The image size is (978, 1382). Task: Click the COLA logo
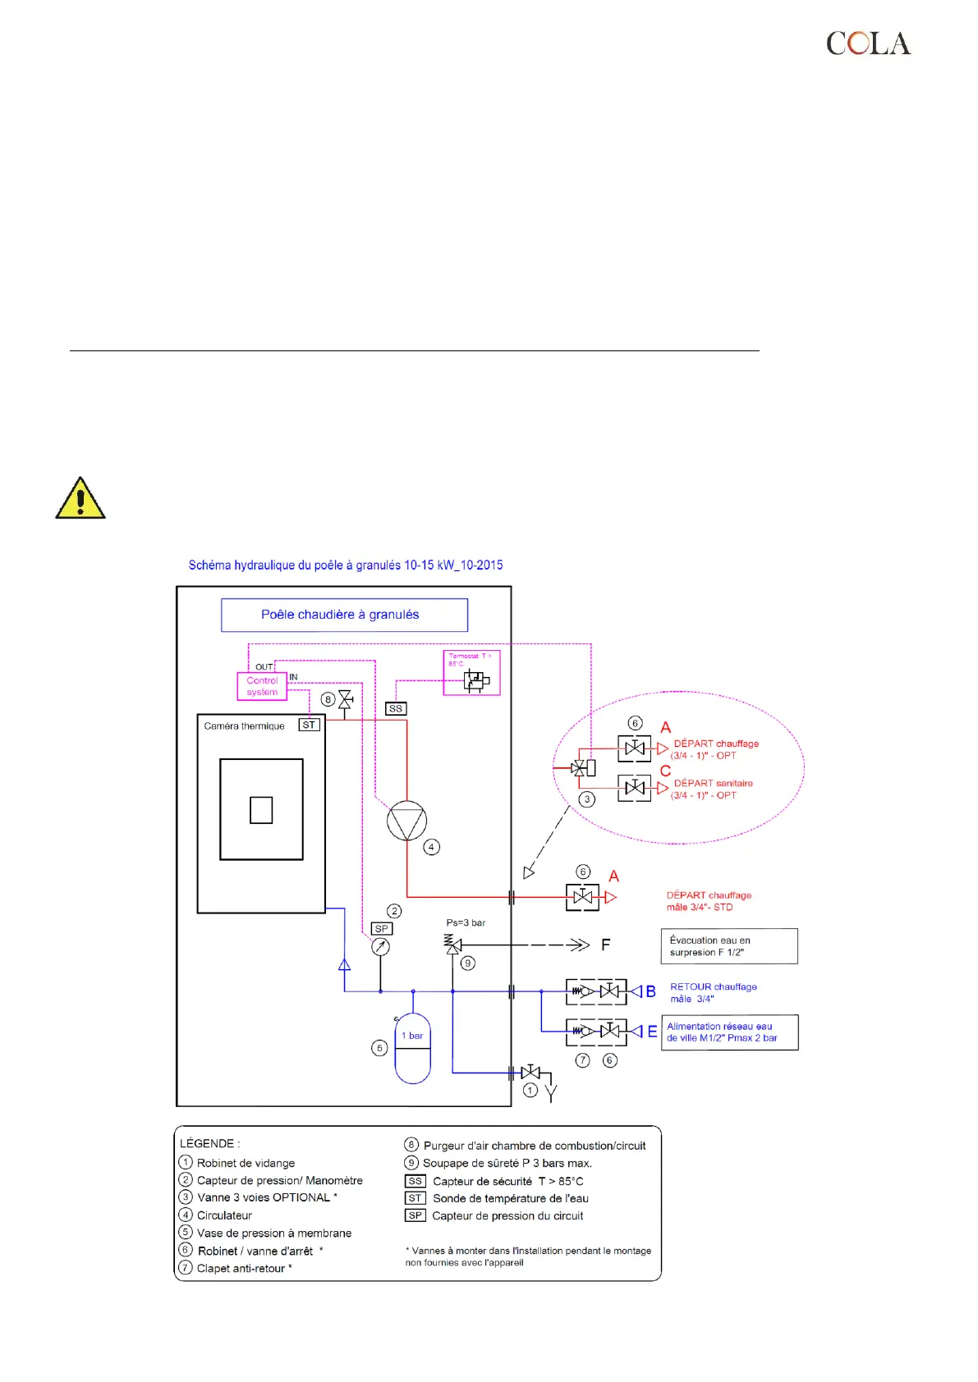[x=868, y=43]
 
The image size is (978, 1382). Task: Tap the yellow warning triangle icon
[x=80, y=499]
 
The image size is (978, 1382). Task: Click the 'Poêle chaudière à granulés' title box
[x=344, y=615]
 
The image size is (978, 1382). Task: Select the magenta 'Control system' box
[x=262, y=686]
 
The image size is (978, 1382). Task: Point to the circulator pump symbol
[x=406, y=820]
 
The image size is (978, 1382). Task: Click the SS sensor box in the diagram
[x=396, y=708]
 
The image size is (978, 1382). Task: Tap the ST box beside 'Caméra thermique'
[x=309, y=725]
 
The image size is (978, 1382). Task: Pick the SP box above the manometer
[x=381, y=928]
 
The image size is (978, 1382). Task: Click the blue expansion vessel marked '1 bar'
[x=412, y=1050]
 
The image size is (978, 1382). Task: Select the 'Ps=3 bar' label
[x=466, y=922]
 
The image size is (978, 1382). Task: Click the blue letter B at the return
[x=650, y=991]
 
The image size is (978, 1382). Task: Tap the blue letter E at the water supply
[x=652, y=1032]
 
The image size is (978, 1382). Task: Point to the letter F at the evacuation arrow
[x=605, y=945]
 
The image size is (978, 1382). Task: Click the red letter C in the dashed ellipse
[x=665, y=771]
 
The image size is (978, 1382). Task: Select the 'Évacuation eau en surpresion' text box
[x=728, y=946]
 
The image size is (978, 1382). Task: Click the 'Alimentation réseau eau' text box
[x=729, y=1032]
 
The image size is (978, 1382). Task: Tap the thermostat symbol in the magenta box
[x=475, y=680]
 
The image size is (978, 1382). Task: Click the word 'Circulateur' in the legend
[x=224, y=1215]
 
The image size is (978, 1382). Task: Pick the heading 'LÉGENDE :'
[x=210, y=1143]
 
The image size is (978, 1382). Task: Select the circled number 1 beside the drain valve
[x=530, y=1090]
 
